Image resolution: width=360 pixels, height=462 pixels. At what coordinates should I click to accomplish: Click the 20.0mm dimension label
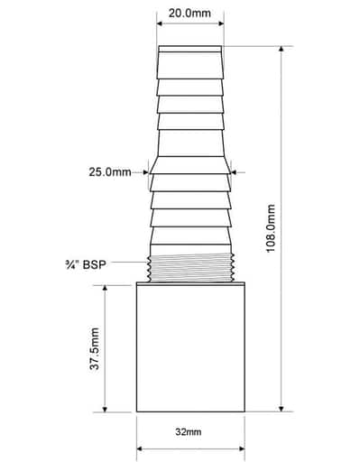[x=189, y=14]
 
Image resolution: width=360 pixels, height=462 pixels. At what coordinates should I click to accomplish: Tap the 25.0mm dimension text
[x=110, y=172]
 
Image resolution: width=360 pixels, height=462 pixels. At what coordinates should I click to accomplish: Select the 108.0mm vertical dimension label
[x=272, y=228]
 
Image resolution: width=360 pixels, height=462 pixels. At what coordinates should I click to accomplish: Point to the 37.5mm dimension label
[x=95, y=348]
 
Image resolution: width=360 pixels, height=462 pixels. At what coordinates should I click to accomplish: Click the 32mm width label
[x=189, y=432]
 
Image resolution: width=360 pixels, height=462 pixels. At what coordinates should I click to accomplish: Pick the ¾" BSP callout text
[x=86, y=264]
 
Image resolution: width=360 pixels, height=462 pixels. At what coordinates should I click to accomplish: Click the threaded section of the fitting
[x=190, y=267]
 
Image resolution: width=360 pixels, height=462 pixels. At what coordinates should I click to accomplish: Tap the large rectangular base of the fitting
[x=190, y=348]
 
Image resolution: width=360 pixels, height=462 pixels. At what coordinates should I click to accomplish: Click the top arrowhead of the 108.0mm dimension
[x=282, y=49]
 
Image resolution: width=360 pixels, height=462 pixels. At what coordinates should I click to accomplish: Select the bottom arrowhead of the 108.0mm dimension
[x=282, y=409]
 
